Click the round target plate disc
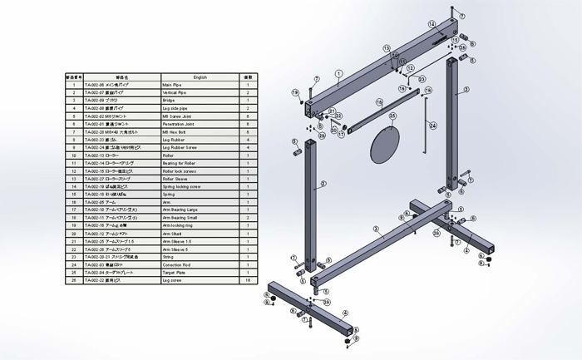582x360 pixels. point(383,148)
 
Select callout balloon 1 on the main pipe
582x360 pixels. point(339,73)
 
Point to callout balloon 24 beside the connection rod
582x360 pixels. point(432,126)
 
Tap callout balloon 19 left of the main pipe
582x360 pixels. point(294,91)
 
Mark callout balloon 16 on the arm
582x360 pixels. point(379,104)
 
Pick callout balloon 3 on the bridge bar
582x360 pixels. point(376,229)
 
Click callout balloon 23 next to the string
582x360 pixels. point(422,79)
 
